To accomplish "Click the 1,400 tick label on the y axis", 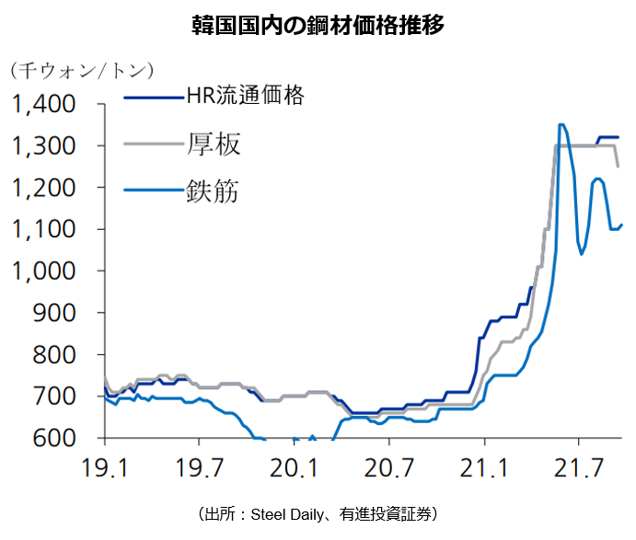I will tap(44, 104).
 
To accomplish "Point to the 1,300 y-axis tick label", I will tap(44, 145).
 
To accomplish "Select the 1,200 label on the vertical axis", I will tap(44, 188).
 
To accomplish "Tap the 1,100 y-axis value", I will tap(44, 229).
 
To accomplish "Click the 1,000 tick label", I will tap(44, 271).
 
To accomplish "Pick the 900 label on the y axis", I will tap(55, 313).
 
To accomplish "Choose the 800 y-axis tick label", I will tap(55, 355).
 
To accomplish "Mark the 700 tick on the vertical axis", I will tap(55, 396).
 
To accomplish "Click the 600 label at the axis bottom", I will tap(55, 438).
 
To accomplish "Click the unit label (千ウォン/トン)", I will tap(82, 71).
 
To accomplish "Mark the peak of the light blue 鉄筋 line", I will tap(561, 124).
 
